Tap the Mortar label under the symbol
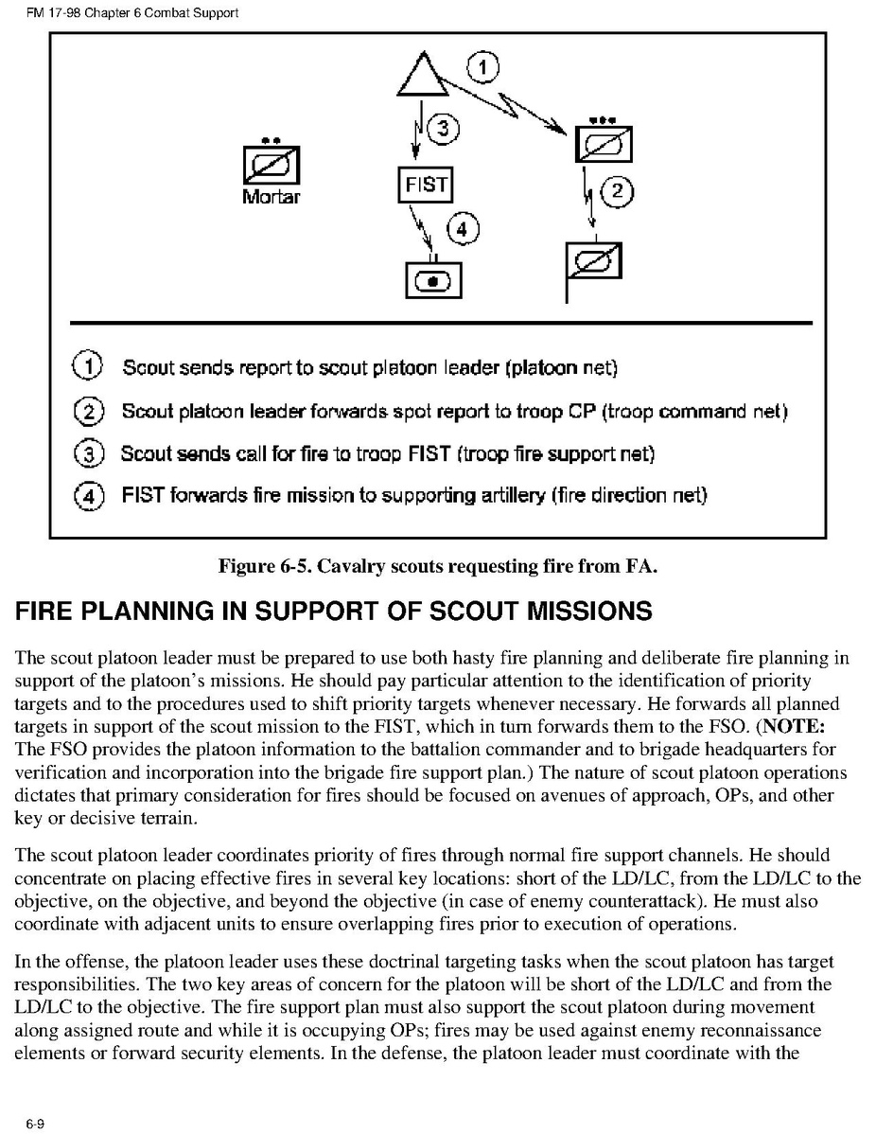pyautogui.click(x=271, y=197)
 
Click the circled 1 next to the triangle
pyautogui.click(x=483, y=68)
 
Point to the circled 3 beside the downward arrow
pyautogui.click(x=441, y=130)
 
